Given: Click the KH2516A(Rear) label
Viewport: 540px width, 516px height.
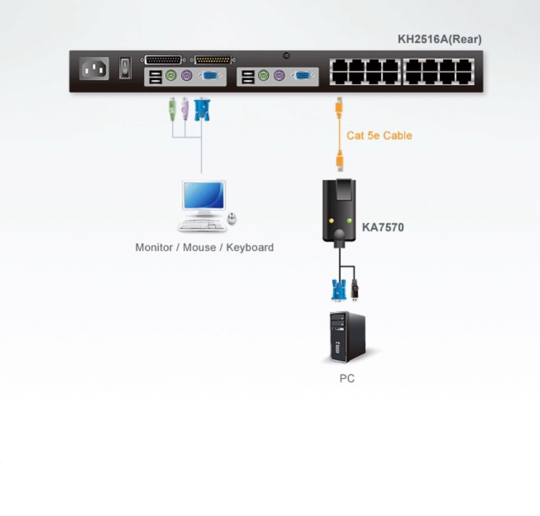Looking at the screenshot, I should (x=440, y=39).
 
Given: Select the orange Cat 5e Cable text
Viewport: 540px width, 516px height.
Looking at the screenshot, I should (x=379, y=135).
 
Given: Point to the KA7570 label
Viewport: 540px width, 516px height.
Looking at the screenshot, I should (x=383, y=227).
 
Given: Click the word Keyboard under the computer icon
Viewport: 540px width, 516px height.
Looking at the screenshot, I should (x=249, y=247).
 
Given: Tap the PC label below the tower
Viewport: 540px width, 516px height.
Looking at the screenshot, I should (x=347, y=379).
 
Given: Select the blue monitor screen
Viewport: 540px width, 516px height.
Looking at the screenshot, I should (x=204, y=195).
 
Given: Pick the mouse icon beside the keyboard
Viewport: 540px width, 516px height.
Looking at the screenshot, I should (x=232, y=218).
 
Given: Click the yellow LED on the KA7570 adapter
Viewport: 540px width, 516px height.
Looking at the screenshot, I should (x=331, y=221).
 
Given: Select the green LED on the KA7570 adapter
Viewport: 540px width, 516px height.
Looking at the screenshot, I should (x=349, y=221).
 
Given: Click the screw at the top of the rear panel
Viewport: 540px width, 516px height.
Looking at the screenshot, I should (x=286, y=56).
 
